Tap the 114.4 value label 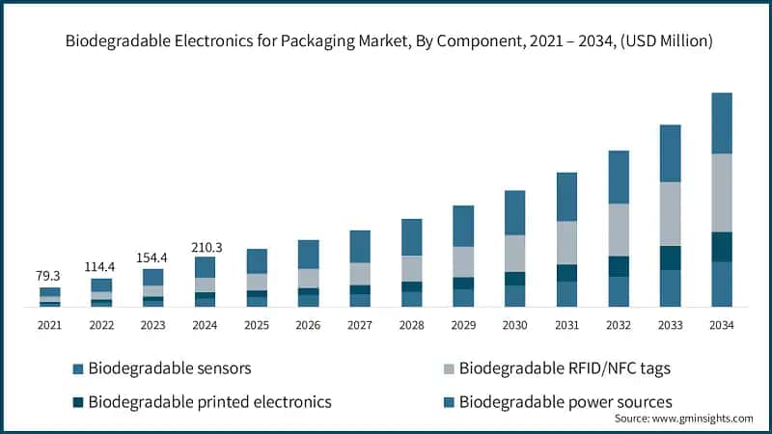pyautogui.click(x=101, y=265)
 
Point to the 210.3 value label pyautogui.click(x=205, y=247)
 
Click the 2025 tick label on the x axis pyautogui.click(x=256, y=326)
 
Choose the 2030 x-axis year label pyautogui.click(x=514, y=326)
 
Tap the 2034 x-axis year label pyautogui.click(x=721, y=326)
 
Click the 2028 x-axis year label pyautogui.click(x=411, y=326)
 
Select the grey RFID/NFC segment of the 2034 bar pyautogui.click(x=721, y=193)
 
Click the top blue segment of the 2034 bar pyautogui.click(x=721, y=123)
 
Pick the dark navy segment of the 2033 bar pyautogui.click(x=670, y=258)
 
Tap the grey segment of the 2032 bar pyautogui.click(x=618, y=230)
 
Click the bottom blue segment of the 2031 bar pyautogui.click(x=566, y=294)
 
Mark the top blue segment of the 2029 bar pyautogui.click(x=463, y=226)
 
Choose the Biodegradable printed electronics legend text pyautogui.click(x=209, y=401)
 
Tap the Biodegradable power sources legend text pyautogui.click(x=565, y=401)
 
